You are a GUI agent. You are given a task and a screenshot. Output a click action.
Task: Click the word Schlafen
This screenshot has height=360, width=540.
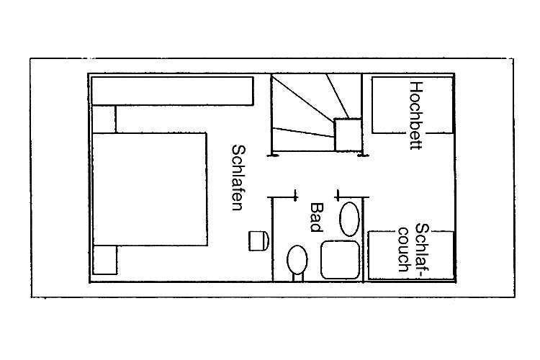pyautogui.click(x=238, y=177)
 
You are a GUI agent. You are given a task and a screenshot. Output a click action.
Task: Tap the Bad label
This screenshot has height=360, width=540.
pyautogui.click(x=317, y=217)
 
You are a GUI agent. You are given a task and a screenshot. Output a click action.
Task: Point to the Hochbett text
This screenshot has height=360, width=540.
pyautogui.click(x=415, y=115)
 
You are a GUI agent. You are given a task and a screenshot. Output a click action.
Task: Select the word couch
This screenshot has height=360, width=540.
pyautogui.click(x=403, y=249)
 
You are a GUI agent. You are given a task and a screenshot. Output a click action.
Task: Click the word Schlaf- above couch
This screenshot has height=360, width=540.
pyautogui.click(x=422, y=251)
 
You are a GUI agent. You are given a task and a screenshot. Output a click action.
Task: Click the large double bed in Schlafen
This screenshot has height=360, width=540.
pyautogui.click(x=150, y=189)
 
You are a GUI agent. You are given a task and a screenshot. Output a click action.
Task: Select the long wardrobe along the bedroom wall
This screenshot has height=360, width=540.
pyautogui.click(x=173, y=91)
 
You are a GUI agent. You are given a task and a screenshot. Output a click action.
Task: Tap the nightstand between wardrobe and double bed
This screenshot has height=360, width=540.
pyautogui.click(x=104, y=119)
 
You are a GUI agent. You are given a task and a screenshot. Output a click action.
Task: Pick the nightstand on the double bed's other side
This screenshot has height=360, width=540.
pyautogui.click(x=104, y=260)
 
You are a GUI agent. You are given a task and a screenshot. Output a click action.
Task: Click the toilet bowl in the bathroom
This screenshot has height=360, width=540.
pyautogui.click(x=297, y=259)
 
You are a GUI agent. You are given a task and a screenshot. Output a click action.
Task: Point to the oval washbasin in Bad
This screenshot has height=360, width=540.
pyautogui.click(x=349, y=219)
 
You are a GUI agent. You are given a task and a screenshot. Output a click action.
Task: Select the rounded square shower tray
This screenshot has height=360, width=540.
pyautogui.click(x=341, y=260)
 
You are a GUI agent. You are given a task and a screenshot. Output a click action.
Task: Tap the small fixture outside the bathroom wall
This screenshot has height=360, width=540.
pyautogui.click(x=258, y=240)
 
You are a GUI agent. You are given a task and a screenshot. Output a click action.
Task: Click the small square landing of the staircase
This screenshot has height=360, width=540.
pyautogui.click(x=348, y=135)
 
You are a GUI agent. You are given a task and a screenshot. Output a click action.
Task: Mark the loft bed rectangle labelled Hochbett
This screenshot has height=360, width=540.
pyautogui.click(x=413, y=105)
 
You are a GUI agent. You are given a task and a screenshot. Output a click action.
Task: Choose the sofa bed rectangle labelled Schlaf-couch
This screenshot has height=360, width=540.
pyautogui.click(x=411, y=255)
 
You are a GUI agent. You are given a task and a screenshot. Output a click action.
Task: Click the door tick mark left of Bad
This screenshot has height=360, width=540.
pyautogui.click(x=294, y=195)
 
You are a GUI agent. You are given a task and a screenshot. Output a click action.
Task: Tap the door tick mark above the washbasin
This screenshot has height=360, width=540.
pyautogui.click(x=338, y=195)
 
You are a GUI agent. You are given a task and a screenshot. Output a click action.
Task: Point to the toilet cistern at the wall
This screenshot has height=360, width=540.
pyautogui.click(x=298, y=277)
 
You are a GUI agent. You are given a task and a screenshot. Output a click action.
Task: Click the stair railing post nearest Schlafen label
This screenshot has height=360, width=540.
pyautogui.click(x=273, y=156)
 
